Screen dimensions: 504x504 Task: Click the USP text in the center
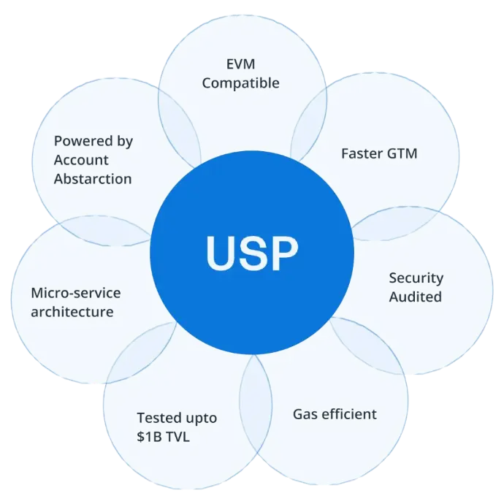coord(252,253)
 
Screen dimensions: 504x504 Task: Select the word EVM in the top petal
coord(240,65)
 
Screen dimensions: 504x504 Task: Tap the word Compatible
coord(240,83)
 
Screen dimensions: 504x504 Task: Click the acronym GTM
coord(402,154)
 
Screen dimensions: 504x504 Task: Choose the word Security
coord(416,278)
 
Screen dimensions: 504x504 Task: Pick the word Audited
coord(415,297)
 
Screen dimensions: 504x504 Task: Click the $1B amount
coord(150,437)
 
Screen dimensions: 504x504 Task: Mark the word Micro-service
coord(75,293)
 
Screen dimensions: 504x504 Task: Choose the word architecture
coord(72,312)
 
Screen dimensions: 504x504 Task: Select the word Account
coord(80,160)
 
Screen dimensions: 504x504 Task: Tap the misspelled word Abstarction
coord(93,179)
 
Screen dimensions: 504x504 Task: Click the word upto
coord(200,419)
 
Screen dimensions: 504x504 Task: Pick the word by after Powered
coord(125,142)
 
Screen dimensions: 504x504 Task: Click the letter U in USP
coord(221,253)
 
